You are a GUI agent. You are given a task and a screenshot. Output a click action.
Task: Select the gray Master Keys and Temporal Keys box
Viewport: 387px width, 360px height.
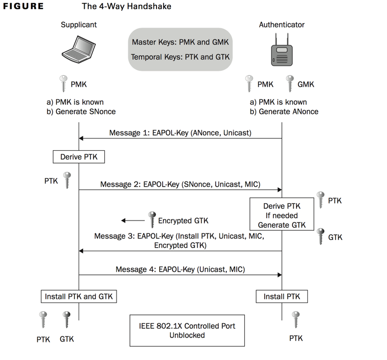pyautogui.click(x=180, y=49)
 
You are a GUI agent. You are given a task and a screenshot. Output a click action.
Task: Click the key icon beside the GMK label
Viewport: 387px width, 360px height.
pyautogui.click(x=290, y=84)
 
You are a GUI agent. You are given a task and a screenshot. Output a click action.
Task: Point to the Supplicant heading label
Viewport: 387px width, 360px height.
pyautogui.click(x=79, y=25)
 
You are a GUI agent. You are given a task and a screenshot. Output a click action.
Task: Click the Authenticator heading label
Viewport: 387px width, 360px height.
pyautogui.click(x=281, y=25)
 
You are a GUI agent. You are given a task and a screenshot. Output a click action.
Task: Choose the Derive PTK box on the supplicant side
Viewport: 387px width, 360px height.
pyautogui.click(x=79, y=156)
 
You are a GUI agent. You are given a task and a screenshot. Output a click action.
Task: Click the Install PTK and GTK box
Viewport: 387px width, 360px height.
pyautogui.click(x=79, y=296)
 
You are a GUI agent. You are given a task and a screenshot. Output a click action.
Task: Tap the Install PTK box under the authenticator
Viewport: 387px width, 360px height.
pyautogui.click(x=281, y=296)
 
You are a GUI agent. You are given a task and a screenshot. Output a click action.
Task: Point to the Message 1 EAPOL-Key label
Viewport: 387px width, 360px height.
pyautogui.click(x=180, y=133)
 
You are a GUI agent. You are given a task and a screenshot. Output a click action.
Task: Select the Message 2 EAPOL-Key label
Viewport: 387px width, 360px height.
pyautogui.click(x=180, y=184)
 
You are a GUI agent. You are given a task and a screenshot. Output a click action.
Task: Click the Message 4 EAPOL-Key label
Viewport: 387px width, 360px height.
pyautogui.click(x=180, y=269)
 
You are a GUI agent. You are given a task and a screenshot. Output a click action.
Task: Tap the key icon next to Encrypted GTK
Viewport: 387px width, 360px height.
pyautogui.click(x=151, y=219)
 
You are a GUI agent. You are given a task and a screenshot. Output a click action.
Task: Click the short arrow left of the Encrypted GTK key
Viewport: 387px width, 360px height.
pyautogui.click(x=133, y=221)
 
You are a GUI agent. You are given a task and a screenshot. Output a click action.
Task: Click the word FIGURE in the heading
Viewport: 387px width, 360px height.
pyautogui.click(x=24, y=7)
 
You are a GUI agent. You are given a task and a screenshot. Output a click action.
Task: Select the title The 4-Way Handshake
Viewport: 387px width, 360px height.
pyautogui.click(x=126, y=7)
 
